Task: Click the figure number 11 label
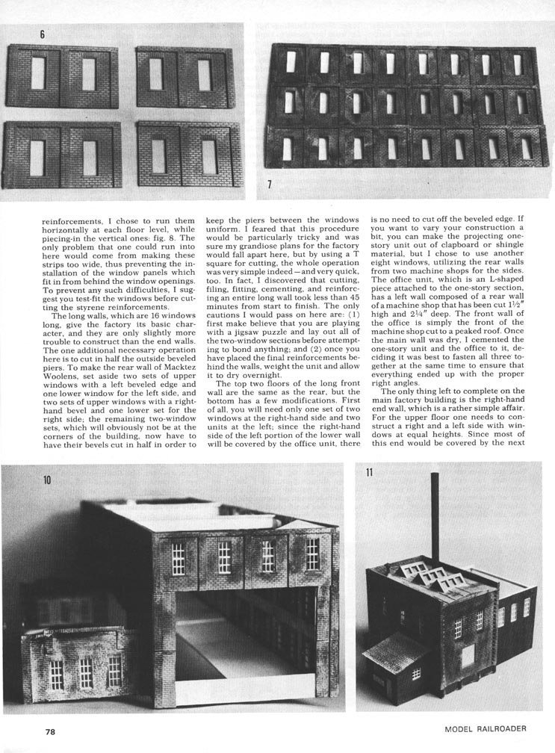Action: [x=369, y=472]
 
